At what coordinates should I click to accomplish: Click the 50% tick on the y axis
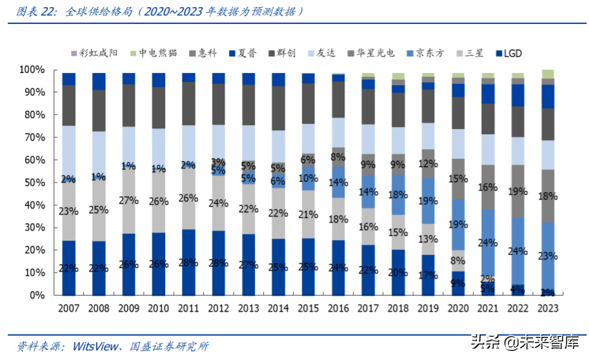34,183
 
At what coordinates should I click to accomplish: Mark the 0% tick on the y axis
36,295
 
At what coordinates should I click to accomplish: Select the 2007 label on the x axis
68,308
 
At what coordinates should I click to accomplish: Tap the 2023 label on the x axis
548,308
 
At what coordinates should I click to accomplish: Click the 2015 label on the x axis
308,308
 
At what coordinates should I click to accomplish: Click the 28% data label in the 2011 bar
188,263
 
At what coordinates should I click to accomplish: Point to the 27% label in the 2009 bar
128,200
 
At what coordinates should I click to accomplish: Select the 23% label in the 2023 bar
548,255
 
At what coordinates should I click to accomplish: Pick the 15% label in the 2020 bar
458,179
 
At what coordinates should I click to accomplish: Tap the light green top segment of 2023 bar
548,74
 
